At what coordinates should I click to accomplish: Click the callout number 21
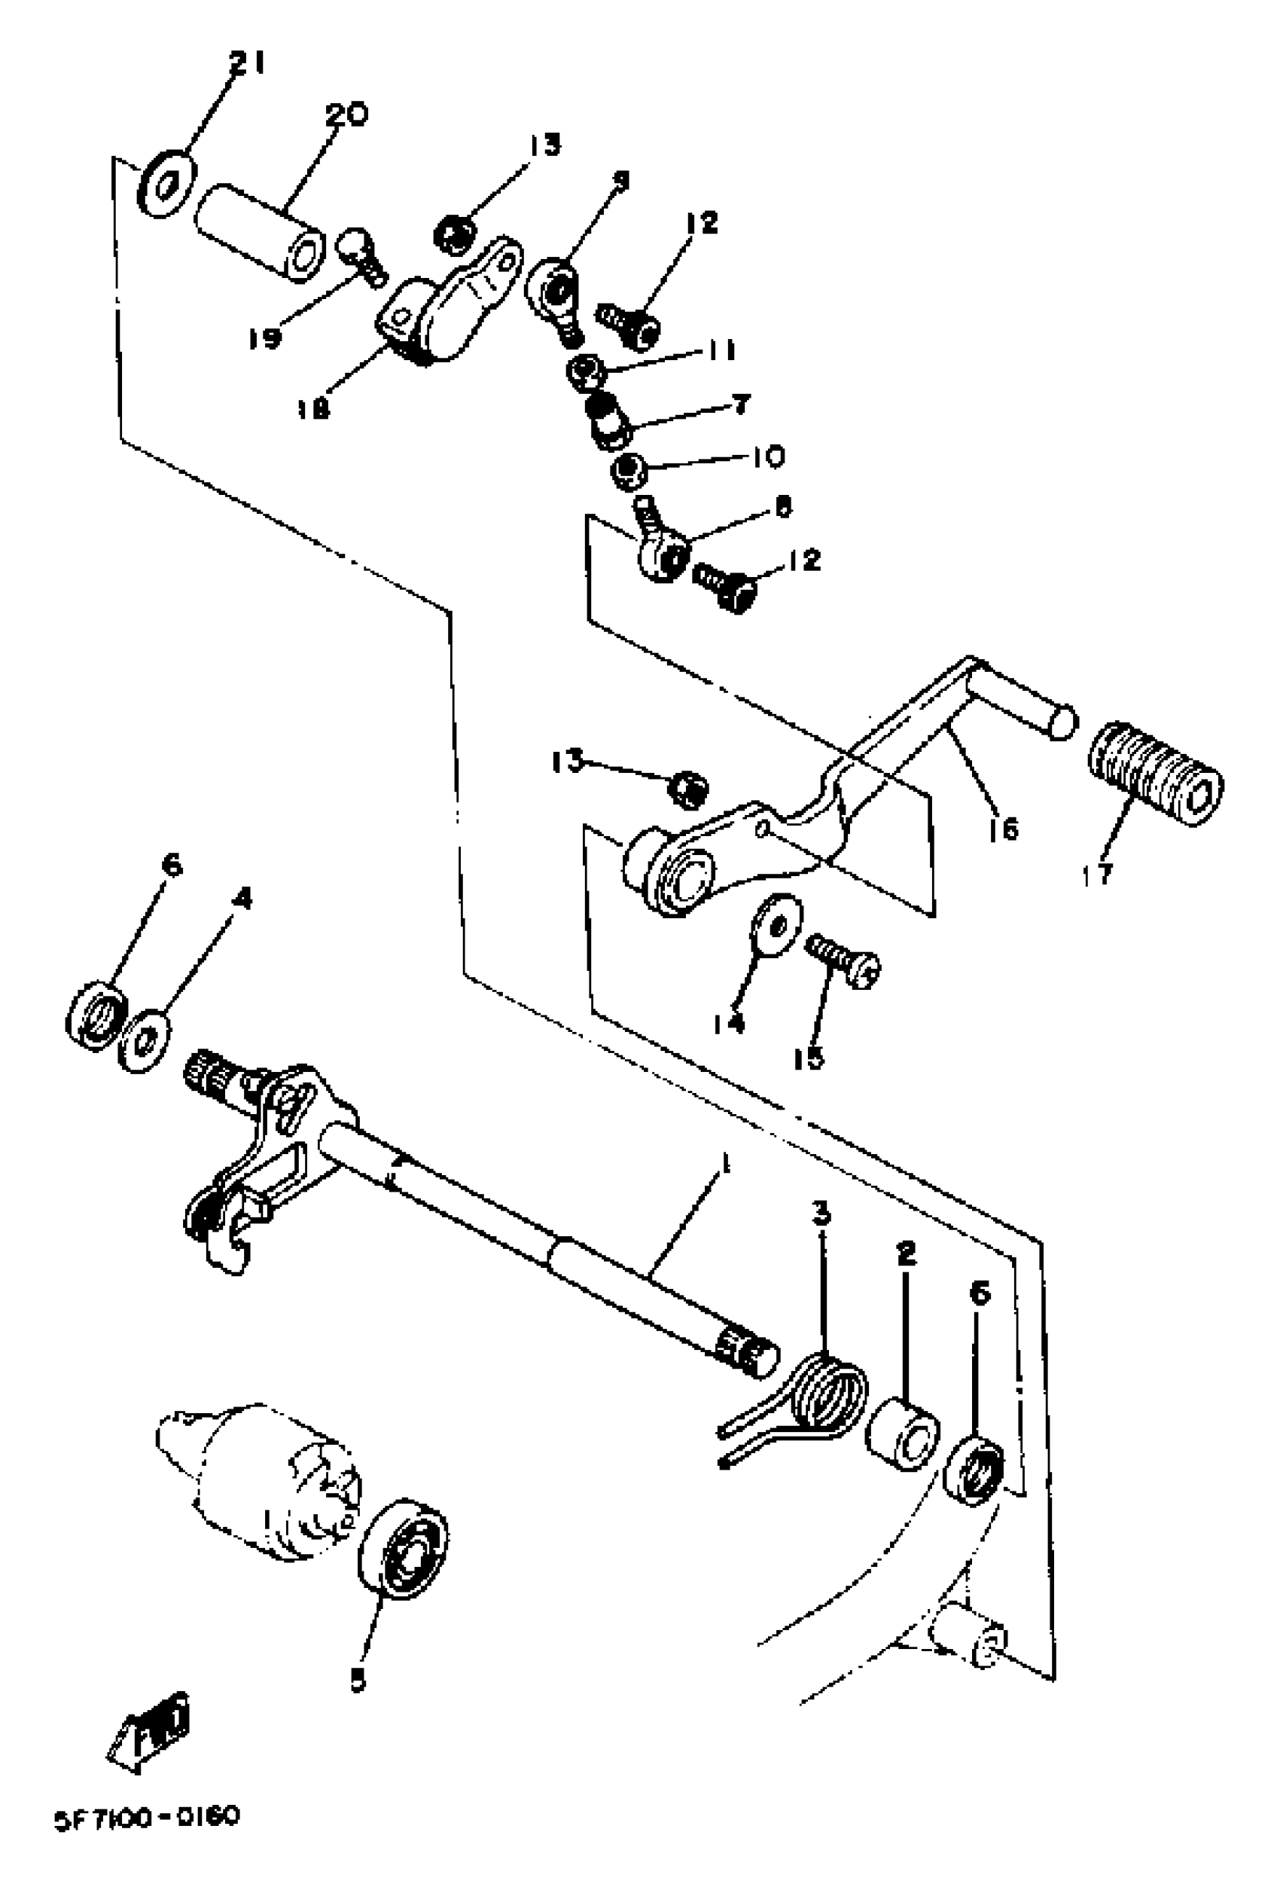(246, 63)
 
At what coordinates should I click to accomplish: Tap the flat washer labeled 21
(167, 185)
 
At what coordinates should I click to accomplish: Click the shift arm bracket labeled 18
(449, 303)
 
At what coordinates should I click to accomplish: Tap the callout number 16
(1003, 829)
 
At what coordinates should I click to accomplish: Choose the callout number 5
(358, 1680)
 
